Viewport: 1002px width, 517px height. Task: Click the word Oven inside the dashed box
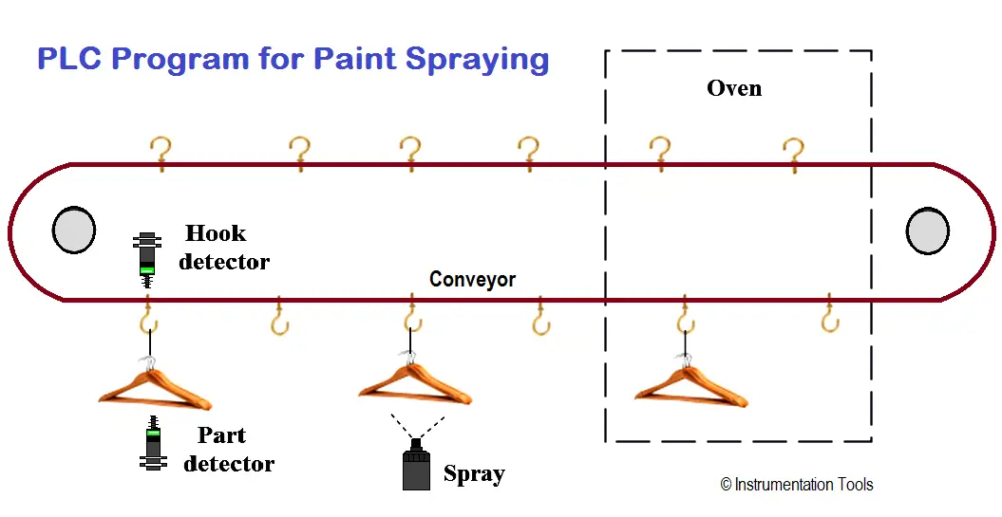point(734,88)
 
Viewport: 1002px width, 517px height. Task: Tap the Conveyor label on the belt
point(472,279)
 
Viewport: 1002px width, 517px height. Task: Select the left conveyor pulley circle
point(74,230)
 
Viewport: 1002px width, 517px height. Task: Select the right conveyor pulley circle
point(927,231)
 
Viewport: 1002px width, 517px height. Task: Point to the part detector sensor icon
point(153,443)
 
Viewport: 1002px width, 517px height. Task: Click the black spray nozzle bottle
point(416,464)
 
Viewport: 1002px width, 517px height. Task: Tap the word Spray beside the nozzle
point(474,473)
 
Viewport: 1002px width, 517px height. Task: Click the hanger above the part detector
point(155,385)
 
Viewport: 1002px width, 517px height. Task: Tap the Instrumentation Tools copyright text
point(797,485)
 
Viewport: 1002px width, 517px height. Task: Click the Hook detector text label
point(223,247)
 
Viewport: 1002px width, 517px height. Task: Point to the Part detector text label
point(229,450)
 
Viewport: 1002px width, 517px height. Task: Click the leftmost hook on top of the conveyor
point(161,154)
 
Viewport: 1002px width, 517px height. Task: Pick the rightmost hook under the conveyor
point(829,313)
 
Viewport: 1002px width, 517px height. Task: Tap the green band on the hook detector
point(147,269)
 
